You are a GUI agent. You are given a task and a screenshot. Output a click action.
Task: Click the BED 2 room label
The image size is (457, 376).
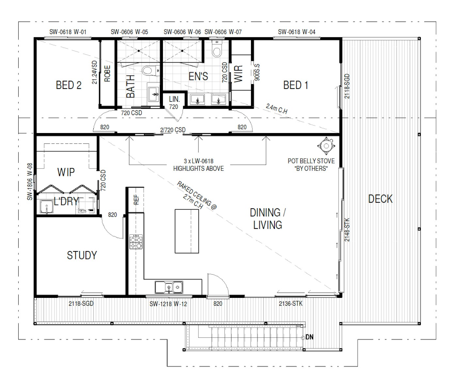pyautogui.click(x=69, y=85)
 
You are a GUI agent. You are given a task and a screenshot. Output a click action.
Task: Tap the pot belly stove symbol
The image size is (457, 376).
pyautogui.click(x=326, y=145)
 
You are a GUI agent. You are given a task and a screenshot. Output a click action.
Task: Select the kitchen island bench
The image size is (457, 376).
pyautogui.click(x=187, y=231)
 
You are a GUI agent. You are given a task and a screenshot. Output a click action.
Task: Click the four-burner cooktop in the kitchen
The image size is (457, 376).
pyautogui.click(x=136, y=242)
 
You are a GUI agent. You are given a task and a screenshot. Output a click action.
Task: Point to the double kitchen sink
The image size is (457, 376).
pyautogui.click(x=169, y=287)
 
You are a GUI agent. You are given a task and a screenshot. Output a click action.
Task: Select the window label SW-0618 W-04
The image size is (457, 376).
pyautogui.click(x=296, y=32)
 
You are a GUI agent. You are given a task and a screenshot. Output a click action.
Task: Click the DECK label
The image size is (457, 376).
pyautogui.click(x=380, y=199)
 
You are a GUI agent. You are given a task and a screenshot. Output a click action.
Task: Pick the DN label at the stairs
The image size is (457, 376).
pyautogui.click(x=309, y=337)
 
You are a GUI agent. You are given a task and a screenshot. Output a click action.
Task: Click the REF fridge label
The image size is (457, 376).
pyautogui.click(x=136, y=199)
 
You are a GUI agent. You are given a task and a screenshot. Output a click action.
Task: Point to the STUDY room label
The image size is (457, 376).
pyautogui.click(x=82, y=255)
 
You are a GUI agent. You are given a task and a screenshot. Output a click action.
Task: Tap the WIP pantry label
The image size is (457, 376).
pyautogui.click(x=66, y=172)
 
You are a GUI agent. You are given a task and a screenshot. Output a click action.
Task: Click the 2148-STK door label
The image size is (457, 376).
pyautogui.click(x=347, y=230)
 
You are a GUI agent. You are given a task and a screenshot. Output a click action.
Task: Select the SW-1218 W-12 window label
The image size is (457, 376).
pyautogui.click(x=168, y=304)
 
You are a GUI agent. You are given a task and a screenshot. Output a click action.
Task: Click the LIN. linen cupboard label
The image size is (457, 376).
pyautogui.click(x=174, y=99)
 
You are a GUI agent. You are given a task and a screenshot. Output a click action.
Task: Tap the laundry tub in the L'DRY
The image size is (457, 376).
pyautogui.click(x=47, y=207)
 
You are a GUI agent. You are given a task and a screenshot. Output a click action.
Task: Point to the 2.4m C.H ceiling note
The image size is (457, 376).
pyautogui.click(x=276, y=109)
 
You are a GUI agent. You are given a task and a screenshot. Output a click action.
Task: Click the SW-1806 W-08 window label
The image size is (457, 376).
pyautogui.click(x=30, y=181)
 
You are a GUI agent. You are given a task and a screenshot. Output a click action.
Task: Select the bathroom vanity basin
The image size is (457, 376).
pyautogui.click(x=153, y=94)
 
